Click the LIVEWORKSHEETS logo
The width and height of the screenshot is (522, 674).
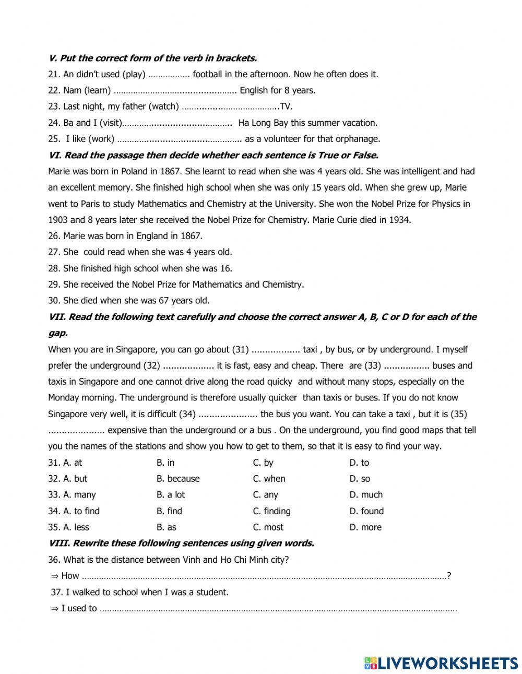[x=441, y=663]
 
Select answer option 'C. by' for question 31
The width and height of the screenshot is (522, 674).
[x=263, y=463]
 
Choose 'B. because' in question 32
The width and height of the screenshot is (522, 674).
[x=177, y=479]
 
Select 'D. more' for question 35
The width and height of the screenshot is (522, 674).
[x=365, y=527]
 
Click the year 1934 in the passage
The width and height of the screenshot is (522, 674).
[x=399, y=220]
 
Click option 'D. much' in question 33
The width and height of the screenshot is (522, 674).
[x=366, y=495]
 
